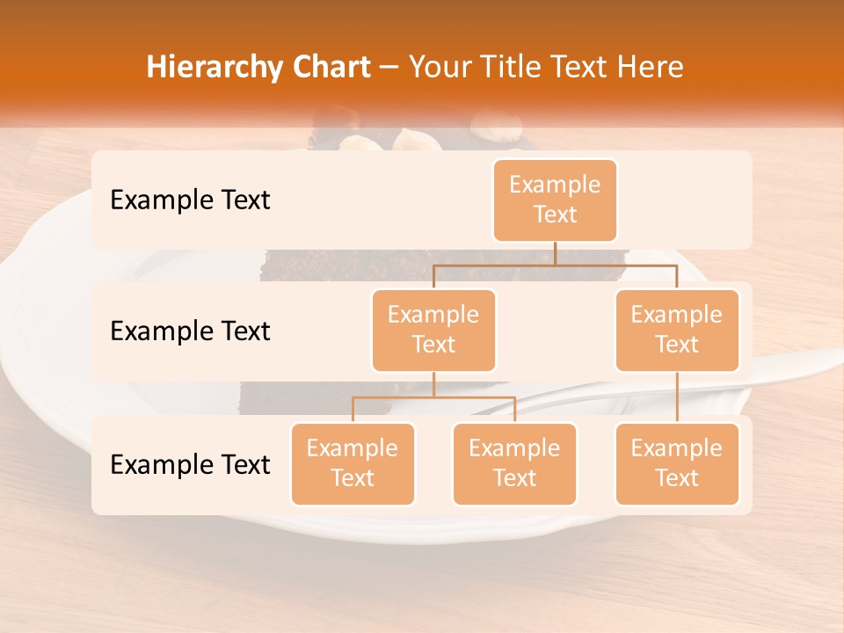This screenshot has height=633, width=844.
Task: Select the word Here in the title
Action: pos(651,68)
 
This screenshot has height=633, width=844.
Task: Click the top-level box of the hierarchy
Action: pos(555,200)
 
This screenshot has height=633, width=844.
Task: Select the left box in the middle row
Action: pos(433,330)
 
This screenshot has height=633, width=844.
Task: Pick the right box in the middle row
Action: pos(677,330)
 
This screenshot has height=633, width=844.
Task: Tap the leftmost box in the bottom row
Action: pos(353,463)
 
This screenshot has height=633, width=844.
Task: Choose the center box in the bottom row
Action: pos(514,463)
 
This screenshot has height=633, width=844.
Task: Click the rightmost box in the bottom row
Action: pos(677,463)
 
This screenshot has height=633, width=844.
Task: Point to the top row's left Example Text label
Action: pos(190,200)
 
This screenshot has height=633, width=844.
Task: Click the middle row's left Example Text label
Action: pos(190,331)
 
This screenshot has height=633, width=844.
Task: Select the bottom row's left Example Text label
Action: pos(190,464)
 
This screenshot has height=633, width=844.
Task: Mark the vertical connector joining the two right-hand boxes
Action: pos(677,397)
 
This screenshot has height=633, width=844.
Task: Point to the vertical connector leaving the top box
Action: pos(555,253)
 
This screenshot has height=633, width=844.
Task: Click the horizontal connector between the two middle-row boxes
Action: pos(555,265)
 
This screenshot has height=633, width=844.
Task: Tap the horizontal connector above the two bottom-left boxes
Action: pos(433,398)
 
